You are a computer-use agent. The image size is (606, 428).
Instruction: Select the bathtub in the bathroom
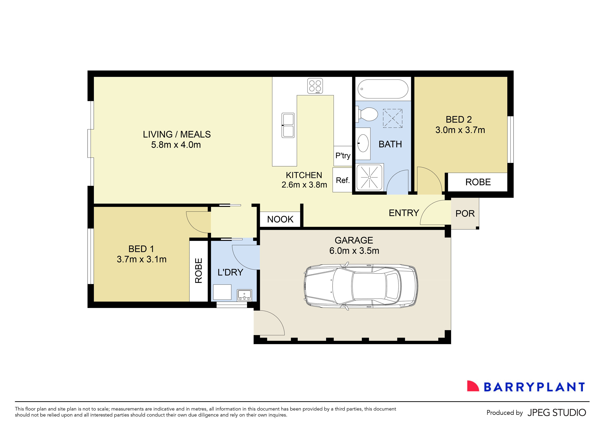click(383, 89)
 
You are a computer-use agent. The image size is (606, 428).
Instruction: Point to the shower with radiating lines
click(369, 177)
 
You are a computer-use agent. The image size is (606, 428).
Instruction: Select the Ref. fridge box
click(343, 180)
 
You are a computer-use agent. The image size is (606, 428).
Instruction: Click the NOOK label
click(280, 219)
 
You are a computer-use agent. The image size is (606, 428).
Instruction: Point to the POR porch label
click(465, 213)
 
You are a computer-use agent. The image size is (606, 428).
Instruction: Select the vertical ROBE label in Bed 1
click(198, 271)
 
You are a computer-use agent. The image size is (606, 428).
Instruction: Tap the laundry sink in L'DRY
click(244, 295)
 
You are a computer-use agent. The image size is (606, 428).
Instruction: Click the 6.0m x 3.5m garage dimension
click(354, 251)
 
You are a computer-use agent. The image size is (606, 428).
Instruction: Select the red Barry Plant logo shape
click(472, 386)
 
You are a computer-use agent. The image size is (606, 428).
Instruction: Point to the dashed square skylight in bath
click(392, 118)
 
